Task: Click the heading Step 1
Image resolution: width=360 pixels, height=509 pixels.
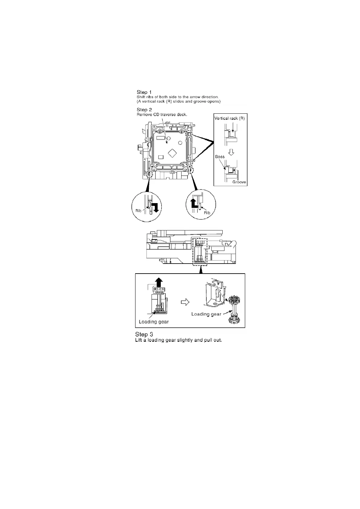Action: tap(144, 92)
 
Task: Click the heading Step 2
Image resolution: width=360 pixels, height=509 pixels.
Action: tap(144, 110)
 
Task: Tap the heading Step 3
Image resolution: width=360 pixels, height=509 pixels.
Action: tap(144, 334)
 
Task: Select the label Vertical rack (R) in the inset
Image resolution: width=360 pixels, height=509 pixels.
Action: tap(229, 118)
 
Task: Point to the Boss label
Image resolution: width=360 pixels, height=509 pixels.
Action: tap(220, 157)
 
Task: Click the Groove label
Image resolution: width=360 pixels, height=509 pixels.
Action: tap(239, 182)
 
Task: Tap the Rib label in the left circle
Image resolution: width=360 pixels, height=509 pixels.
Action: tap(138, 210)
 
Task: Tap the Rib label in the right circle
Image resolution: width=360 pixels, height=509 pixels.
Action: tap(207, 213)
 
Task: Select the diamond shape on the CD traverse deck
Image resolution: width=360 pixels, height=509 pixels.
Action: tap(172, 153)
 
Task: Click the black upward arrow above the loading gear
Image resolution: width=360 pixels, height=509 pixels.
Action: tap(159, 283)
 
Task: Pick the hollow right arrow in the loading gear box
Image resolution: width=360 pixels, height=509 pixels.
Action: tap(185, 302)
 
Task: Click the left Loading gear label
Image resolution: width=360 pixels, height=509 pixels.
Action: tap(154, 322)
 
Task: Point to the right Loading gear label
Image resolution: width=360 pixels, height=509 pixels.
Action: tap(206, 314)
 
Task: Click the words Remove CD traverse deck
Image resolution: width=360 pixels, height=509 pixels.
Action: tap(162, 115)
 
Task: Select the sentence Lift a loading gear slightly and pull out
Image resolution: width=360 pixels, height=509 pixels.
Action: tap(178, 340)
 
